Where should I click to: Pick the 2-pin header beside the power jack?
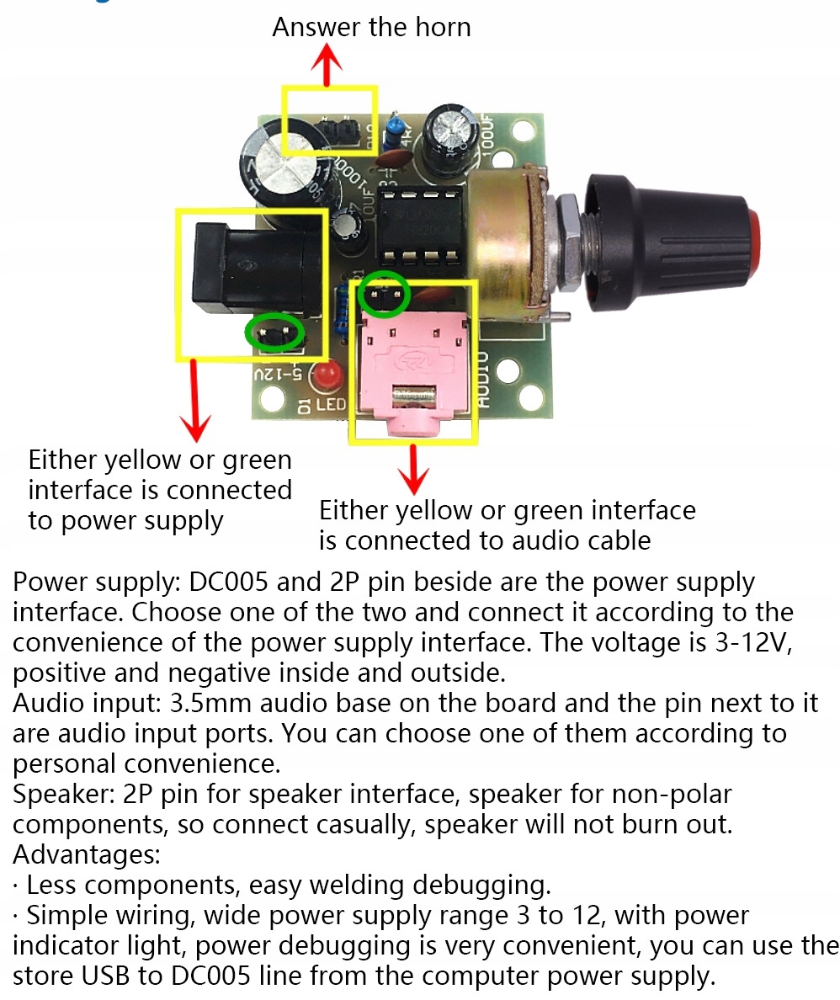(274, 333)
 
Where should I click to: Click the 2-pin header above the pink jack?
(385, 296)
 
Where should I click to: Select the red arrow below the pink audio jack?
(412, 470)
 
